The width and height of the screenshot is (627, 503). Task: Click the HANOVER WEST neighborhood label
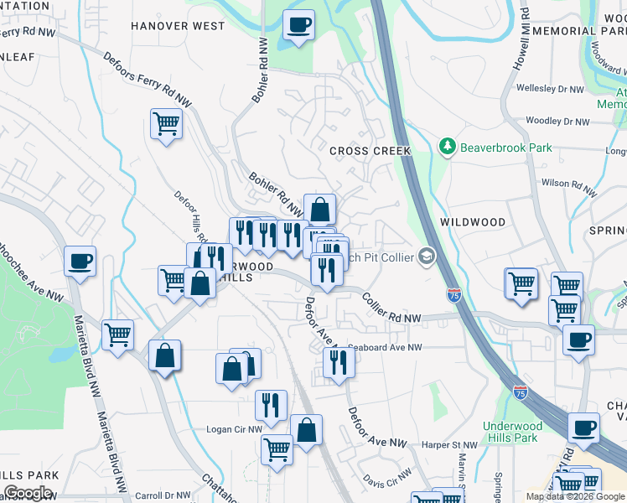pos(178,26)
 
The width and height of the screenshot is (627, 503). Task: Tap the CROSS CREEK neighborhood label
pos(370,151)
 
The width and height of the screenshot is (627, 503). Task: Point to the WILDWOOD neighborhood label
pos(473,222)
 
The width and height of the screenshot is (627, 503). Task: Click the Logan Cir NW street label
pos(234,429)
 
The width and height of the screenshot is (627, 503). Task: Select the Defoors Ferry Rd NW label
pos(148,80)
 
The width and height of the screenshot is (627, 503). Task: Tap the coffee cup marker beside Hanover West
pos(298,25)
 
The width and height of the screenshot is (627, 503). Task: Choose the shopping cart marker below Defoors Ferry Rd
pos(166,124)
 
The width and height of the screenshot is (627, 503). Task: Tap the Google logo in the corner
pos(28,493)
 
